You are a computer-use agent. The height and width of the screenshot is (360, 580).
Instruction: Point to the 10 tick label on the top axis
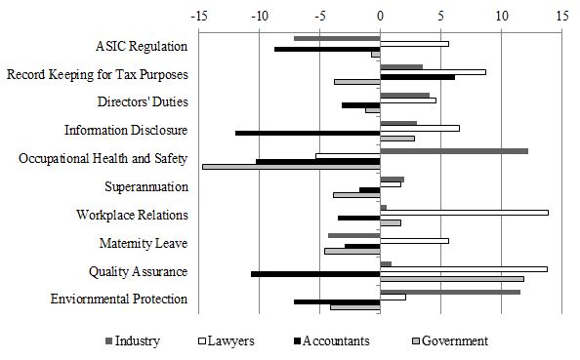(x=501, y=16)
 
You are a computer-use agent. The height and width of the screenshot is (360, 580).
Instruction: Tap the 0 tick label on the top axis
(x=380, y=16)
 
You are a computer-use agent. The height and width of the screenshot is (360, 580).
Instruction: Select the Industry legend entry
(x=137, y=340)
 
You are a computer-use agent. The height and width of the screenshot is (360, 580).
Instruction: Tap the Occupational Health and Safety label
(x=103, y=159)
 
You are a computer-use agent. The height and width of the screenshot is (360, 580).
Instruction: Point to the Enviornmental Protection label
(x=118, y=299)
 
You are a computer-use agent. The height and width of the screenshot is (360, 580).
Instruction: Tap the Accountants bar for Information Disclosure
(x=308, y=133)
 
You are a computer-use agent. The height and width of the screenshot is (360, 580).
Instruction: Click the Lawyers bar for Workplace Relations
(x=464, y=212)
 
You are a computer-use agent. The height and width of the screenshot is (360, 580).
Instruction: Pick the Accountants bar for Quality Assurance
(x=315, y=273)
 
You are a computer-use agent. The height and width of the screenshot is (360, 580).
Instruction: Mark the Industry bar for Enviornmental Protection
(x=450, y=291)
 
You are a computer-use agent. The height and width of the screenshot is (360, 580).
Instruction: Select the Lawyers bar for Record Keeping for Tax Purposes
(x=433, y=71)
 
